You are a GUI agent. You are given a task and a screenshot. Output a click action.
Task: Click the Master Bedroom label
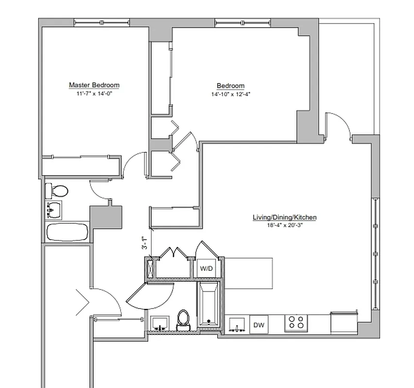click(x=94, y=85)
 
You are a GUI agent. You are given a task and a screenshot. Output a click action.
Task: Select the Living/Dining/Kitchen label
click(x=284, y=217)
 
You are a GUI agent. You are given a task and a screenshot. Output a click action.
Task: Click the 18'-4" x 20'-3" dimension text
click(x=284, y=225)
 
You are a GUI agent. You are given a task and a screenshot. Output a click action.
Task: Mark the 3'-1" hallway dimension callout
click(x=144, y=243)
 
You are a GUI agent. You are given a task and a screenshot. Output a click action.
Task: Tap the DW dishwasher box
click(x=259, y=324)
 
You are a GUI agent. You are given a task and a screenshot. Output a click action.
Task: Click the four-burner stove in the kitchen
click(x=296, y=323)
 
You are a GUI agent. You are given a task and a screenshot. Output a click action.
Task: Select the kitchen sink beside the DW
click(x=237, y=324)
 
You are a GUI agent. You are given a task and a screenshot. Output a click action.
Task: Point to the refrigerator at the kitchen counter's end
click(x=345, y=322)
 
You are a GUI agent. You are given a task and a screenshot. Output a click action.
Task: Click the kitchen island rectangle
click(x=248, y=273)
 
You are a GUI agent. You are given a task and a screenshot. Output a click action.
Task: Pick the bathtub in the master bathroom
click(x=67, y=231)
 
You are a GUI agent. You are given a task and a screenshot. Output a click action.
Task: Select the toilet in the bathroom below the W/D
click(x=183, y=320)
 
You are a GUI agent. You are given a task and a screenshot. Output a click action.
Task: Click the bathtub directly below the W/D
click(x=208, y=306)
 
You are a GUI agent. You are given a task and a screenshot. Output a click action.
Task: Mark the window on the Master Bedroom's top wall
click(x=102, y=22)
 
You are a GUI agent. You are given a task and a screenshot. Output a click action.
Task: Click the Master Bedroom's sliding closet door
click(x=81, y=157)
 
